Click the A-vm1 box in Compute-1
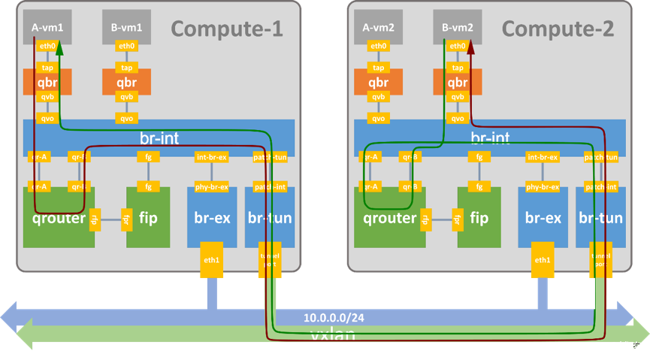tap(47, 27)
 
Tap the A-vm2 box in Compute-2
tap(378, 27)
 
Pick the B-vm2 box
tap(457, 27)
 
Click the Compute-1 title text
tap(227, 29)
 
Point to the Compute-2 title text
tap(558, 29)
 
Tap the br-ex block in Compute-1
tap(212, 219)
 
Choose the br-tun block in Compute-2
tap(601, 219)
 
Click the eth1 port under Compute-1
tap(212, 260)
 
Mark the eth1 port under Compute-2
tap(543, 260)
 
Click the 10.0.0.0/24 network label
tap(335, 317)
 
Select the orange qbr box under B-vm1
tap(126, 82)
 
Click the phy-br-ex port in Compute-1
tap(212, 186)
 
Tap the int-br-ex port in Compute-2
tap(543, 157)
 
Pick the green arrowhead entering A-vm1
tap(60, 48)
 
